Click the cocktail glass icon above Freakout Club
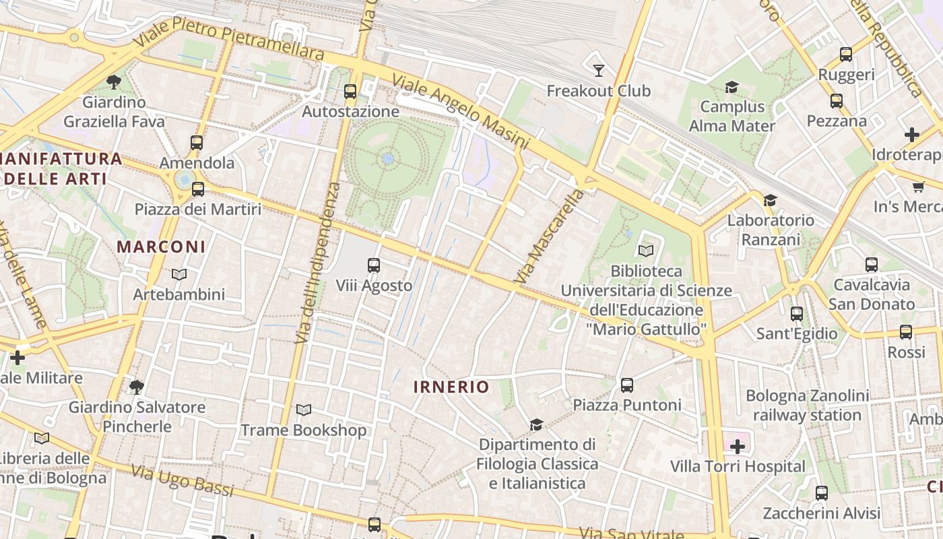(x=598, y=70)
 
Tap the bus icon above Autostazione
(x=350, y=92)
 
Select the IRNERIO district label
(x=451, y=387)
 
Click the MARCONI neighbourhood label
(x=161, y=247)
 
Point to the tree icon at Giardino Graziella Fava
(x=114, y=82)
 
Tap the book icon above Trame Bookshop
(x=304, y=410)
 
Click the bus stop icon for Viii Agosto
(x=374, y=265)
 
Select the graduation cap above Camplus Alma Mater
(x=731, y=87)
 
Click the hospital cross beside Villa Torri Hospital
(x=738, y=446)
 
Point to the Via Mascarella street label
(x=549, y=236)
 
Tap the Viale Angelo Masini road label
(x=460, y=111)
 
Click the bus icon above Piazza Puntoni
(x=627, y=385)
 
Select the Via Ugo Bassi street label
(x=182, y=481)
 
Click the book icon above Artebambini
(x=178, y=274)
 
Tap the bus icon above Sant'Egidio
(x=797, y=314)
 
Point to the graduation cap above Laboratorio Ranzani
(x=770, y=200)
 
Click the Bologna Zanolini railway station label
(x=807, y=405)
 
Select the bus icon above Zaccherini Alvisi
(x=821, y=493)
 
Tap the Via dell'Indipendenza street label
(x=316, y=263)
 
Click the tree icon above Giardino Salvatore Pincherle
(x=137, y=387)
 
